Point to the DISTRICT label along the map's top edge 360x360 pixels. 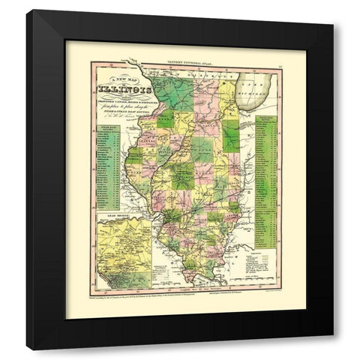(x=206, y=77)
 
